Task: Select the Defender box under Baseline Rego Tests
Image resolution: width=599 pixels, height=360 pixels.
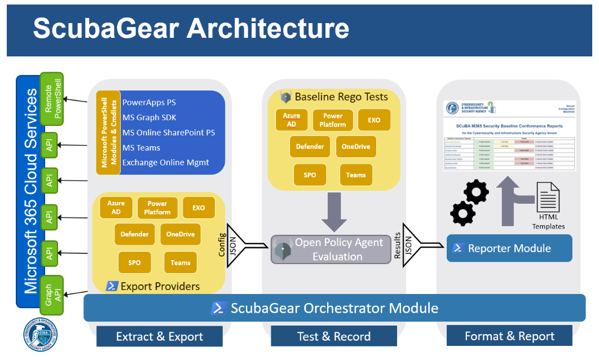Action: [310, 147]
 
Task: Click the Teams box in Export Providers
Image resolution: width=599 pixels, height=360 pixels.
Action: [180, 262]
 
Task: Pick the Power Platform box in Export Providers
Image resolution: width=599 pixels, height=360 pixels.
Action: [157, 208]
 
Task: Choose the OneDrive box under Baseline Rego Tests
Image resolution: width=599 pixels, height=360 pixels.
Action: [355, 147]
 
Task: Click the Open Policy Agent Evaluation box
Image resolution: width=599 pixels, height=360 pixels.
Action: [331, 249]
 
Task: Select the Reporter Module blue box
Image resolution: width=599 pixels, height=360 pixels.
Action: [509, 248]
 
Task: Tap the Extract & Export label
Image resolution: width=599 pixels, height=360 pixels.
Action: [159, 337]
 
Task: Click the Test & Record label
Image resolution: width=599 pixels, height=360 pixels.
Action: [334, 337]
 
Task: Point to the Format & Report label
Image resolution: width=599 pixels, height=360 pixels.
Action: [509, 336]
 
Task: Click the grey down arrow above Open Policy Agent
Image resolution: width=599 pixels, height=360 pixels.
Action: [334, 212]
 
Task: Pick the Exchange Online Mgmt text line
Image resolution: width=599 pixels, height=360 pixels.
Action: [165, 163]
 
